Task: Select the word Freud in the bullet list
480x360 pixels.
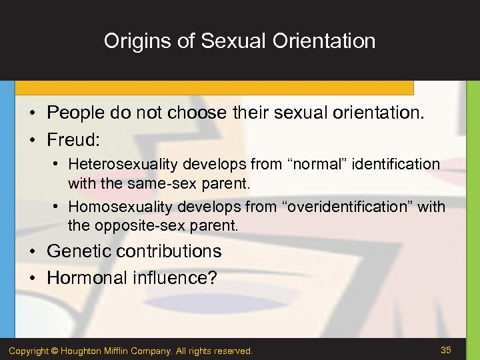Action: tap(71, 139)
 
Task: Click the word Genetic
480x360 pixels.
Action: tap(78, 251)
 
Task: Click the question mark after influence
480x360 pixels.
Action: tap(212, 277)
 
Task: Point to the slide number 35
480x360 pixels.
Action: tap(446, 350)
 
